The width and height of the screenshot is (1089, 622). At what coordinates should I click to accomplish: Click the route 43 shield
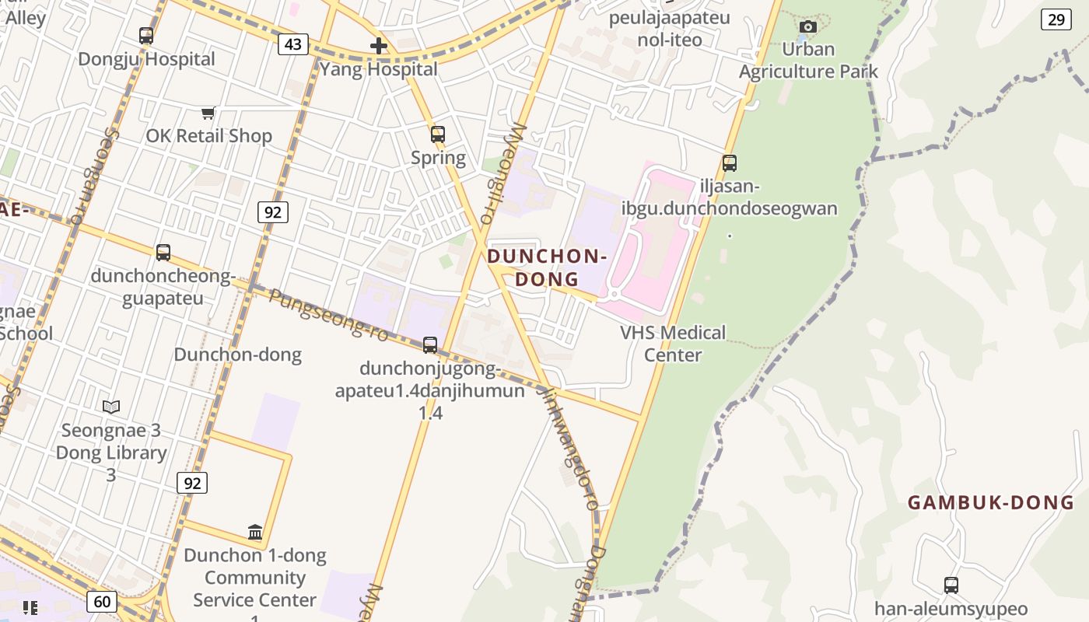tap(292, 44)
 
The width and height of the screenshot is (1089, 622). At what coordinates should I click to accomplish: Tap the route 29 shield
tap(1056, 19)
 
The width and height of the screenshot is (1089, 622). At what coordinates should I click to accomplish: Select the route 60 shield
tap(103, 601)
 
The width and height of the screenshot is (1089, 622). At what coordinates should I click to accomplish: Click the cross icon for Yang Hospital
tap(379, 46)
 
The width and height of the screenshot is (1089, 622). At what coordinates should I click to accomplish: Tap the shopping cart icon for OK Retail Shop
tap(208, 114)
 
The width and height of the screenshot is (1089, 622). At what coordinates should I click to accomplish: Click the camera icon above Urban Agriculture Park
tap(808, 27)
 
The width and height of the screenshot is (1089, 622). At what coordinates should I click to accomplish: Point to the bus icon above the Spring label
tap(438, 135)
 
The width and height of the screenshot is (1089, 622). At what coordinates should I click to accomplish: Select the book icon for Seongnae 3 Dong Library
tap(111, 407)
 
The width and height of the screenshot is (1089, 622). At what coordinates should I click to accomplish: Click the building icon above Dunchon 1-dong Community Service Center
tap(255, 532)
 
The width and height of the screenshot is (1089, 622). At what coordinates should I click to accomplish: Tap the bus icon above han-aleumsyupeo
tap(951, 585)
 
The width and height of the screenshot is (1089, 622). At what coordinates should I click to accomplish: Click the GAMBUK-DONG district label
tap(990, 502)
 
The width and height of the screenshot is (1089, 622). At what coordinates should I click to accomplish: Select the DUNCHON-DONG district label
tap(547, 267)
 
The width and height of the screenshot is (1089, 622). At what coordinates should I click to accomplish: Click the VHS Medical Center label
tap(673, 344)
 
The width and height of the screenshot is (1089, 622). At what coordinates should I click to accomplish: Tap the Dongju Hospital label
tap(146, 59)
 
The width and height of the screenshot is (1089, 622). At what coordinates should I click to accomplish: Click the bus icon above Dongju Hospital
tap(146, 35)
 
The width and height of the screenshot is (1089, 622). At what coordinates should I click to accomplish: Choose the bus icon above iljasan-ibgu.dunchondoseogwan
tap(729, 163)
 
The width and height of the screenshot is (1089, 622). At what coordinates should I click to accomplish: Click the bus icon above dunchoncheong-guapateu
tap(163, 252)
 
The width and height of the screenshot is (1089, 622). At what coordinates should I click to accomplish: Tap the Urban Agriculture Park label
tap(808, 61)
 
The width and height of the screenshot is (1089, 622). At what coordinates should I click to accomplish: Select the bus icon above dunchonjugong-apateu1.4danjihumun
tap(430, 344)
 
